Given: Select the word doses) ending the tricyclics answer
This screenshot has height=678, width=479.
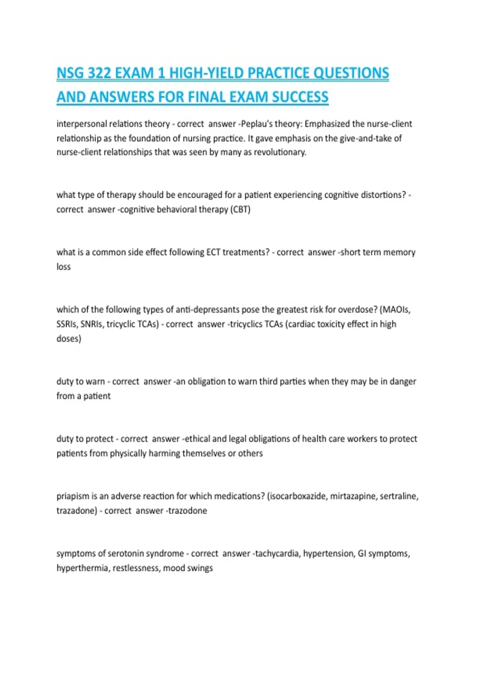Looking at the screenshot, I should (x=69, y=339).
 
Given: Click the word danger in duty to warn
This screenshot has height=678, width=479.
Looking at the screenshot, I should (x=403, y=382).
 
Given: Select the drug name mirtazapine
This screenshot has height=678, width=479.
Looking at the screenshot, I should (x=353, y=497).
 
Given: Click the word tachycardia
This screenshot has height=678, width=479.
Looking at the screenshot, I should (x=277, y=554).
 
